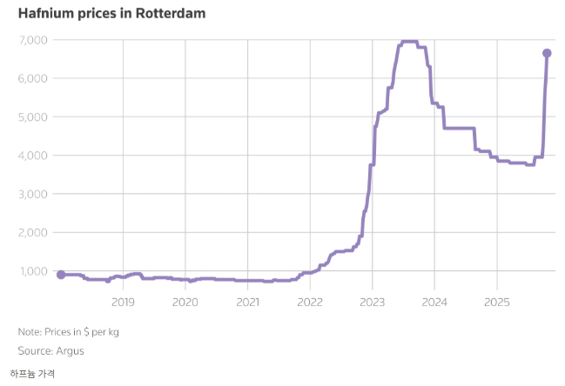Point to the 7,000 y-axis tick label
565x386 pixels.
pyautogui.click(x=34, y=40)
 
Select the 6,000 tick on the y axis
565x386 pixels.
pyautogui.click(x=34, y=78)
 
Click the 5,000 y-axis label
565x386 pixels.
pyautogui.click(x=34, y=116)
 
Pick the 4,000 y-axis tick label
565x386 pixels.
pyautogui.click(x=34, y=156)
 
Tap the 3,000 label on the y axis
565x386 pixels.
pyautogui.click(x=34, y=194)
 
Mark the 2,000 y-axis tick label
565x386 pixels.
pyautogui.click(x=34, y=232)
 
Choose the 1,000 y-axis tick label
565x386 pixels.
pyautogui.click(x=34, y=271)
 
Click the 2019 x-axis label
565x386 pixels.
pyautogui.click(x=123, y=303)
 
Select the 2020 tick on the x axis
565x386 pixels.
pyautogui.click(x=185, y=303)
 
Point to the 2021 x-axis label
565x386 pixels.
pyautogui.click(x=248, y=303)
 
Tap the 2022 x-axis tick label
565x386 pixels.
pyautogui.click(x=310, y=303)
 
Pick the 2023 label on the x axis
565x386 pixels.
pyautogui.click(x=373, y=303)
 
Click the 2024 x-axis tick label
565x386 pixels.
pyautogui.click(x=434, y=303)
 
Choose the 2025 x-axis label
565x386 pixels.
pyautogui.click(x=497, y=303)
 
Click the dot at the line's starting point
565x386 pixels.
pyautogui.click(x=61, y=275)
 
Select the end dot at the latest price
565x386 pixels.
pyautogui.click(x=547, y=53)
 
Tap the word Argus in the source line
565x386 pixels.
pyautogui.click(x=70, y=350)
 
